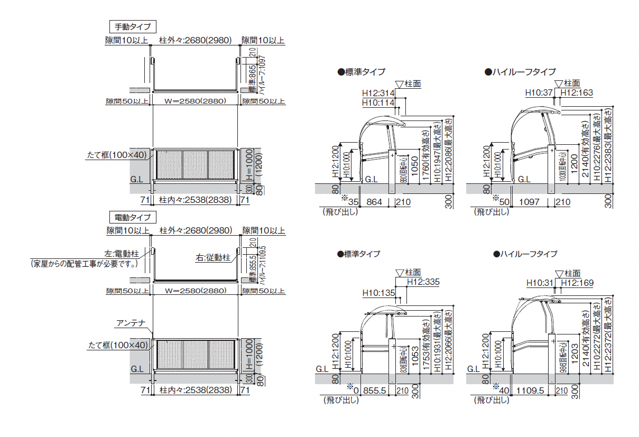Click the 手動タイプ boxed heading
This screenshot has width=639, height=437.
[x=133, y=26]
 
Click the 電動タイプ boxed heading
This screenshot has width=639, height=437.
[x=133, y=218]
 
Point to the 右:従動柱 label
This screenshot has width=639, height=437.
[x=213, y=258]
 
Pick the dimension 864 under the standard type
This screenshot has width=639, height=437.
[x=374, y=202]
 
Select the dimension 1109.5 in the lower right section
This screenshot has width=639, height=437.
[x=531, y=390]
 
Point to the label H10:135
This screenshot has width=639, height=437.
[x=378, y=293]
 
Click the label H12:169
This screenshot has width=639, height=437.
[x=577, y=283]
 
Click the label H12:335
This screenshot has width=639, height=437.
[x=423, y=282]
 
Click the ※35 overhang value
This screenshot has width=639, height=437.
[x=350, y=201]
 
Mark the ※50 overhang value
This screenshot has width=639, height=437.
[x=503, y=201]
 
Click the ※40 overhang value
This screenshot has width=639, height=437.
[x=503, y=390]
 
